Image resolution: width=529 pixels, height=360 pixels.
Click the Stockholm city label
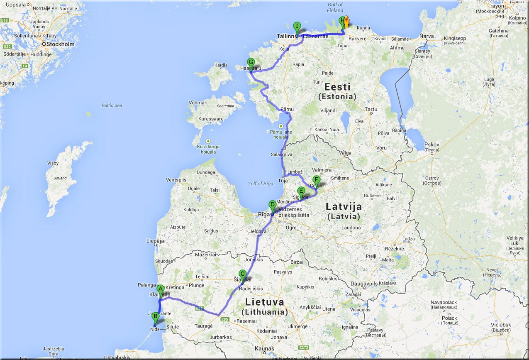(60, 44)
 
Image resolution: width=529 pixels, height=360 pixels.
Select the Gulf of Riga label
(260, 184)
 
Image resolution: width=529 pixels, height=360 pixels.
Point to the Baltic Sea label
(112, 105)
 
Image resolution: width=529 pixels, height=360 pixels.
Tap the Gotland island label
(60, 178)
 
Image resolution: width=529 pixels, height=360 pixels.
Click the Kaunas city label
(265, 348)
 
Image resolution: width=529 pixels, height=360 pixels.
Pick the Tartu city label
(371, 110)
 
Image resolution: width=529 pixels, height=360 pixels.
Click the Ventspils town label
(176, 180)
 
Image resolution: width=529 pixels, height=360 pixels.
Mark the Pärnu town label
(287, 110)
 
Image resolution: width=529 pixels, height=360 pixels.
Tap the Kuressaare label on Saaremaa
(211, 119)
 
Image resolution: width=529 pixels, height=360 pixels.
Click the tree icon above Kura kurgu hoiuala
(208, 141)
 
